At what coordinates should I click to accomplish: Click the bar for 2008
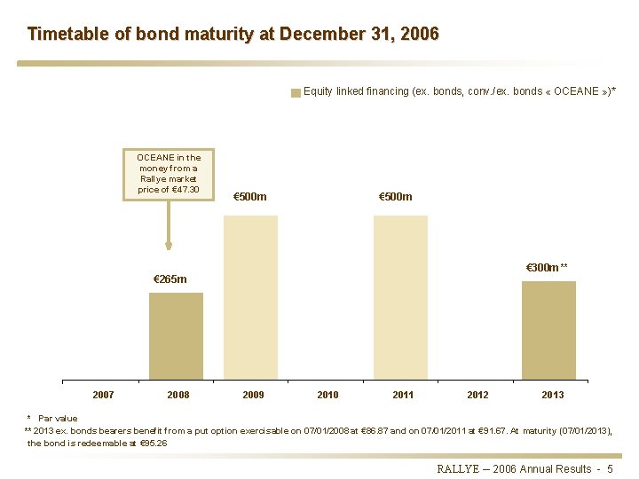pos(176,336)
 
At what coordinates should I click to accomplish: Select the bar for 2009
pos(250,298)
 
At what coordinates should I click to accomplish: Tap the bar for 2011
pos(400,298)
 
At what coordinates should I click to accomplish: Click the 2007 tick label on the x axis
pos(103,395)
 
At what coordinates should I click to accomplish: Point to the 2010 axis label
pos(327,395)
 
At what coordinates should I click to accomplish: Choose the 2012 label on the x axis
pos(477,395)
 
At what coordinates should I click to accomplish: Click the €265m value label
pos(170,279)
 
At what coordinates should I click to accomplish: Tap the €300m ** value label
pos(547,268)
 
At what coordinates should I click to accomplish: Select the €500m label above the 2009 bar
pos(249,196)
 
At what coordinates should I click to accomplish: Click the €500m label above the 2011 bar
pos(395,196)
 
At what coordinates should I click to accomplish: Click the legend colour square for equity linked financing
pos(296,92)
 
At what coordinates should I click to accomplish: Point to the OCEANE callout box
pos(169,174)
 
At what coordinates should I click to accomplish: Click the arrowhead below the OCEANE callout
pos(169,246)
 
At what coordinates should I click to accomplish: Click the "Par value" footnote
pos(58,418)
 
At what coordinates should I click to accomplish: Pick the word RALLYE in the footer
pos(458,468)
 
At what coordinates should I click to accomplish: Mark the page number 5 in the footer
pos(610,468)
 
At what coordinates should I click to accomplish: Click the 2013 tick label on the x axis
pos(552,395)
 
